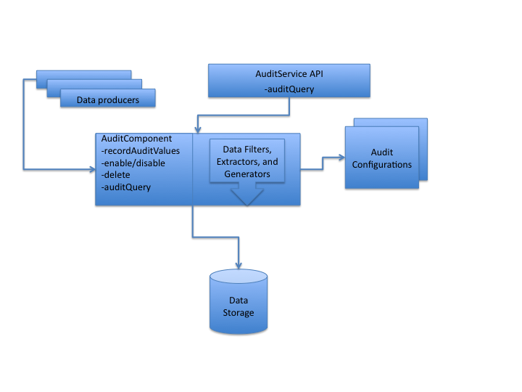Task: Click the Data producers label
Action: click(x=108, y=99)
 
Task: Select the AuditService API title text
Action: click(x=289, y=74)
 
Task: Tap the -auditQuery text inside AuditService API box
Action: click(x=289, y=89)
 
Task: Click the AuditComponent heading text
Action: click(x=136, y=139)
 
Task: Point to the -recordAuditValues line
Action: click(x=141, y=150)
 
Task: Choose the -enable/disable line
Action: click(x=133, y=163)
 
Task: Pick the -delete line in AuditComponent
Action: click(x=117, y=175)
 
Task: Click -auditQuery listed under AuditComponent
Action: click(x=126, y=187)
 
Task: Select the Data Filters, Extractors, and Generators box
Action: click(x=247, y=161)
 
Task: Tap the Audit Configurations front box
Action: click(x=381, y=158)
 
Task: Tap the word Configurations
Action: click(x=381, y=165)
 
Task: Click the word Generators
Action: click(x=247, y=174)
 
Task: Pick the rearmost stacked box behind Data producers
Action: click(x=84, y=74)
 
